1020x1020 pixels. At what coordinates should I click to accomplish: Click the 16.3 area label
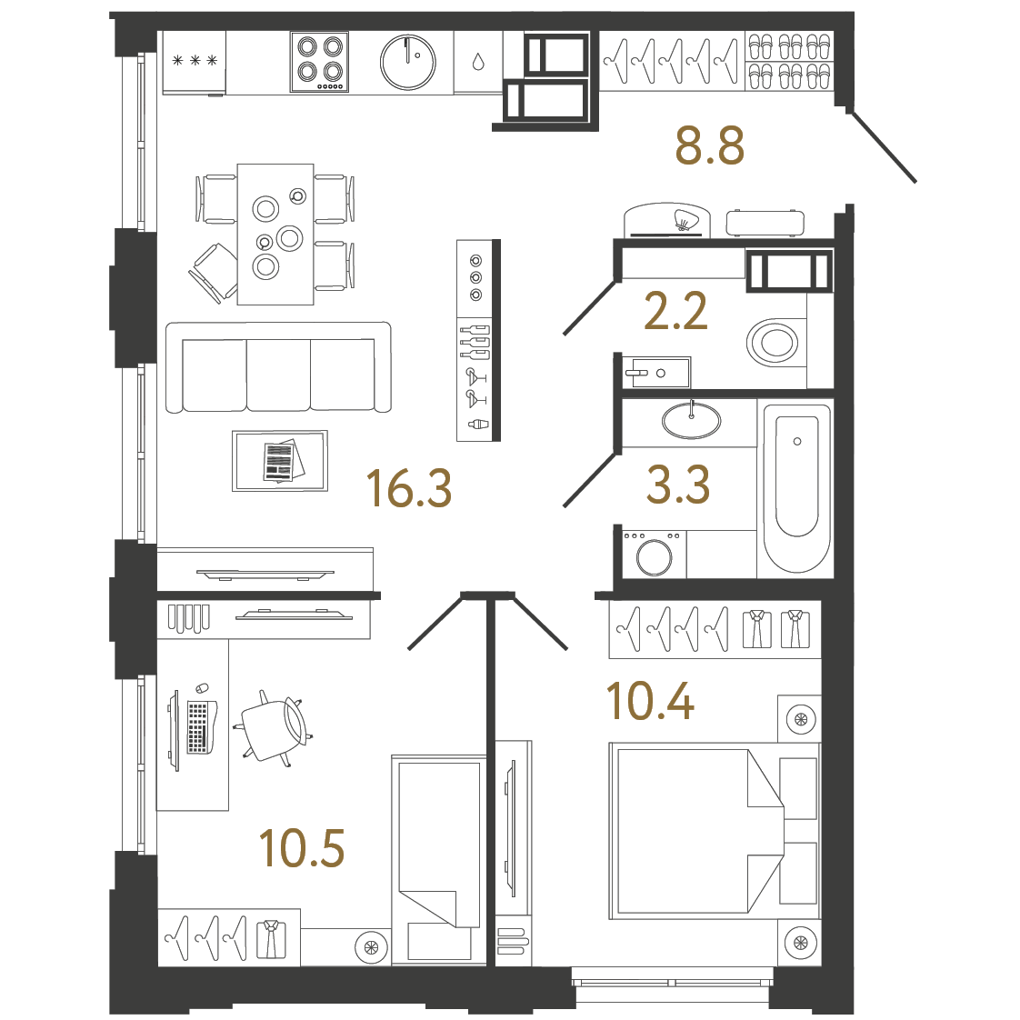pyautogui.click(x=408, y=488)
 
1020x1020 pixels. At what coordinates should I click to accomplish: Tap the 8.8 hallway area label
pyautogui.click(x=709, y=145)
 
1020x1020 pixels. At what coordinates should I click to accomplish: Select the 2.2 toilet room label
pyautogui.click(x=675, y=312)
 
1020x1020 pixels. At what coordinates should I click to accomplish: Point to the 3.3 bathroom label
pyautogui.click(x=677, y=485)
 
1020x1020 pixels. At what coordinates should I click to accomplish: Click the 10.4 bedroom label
pyautogui.click(x=650, y=701)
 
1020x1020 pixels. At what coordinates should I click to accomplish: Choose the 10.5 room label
pyautogui.click(x=302, y=848)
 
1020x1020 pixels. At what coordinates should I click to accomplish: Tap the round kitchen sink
pyautogui.click(x=408, y=62)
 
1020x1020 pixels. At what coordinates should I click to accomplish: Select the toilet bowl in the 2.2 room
pyautogui.click(x=773, y=343)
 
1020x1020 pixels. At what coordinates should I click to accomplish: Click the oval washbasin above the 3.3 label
pyautogui.click(x=691, y=420)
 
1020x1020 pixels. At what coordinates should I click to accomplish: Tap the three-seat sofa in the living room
pyautogui.click(x=278, y=369)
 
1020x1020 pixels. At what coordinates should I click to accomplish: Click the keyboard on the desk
pyautogui.click(x=197, y=726)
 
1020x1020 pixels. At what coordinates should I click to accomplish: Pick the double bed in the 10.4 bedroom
pyautogui.click(x=695, y=827)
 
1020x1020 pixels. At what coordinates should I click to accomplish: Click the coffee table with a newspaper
pyautogui.click(x=279, y=461)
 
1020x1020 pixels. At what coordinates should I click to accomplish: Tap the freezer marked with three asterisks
pyautogui.click(x=194, y=62)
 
